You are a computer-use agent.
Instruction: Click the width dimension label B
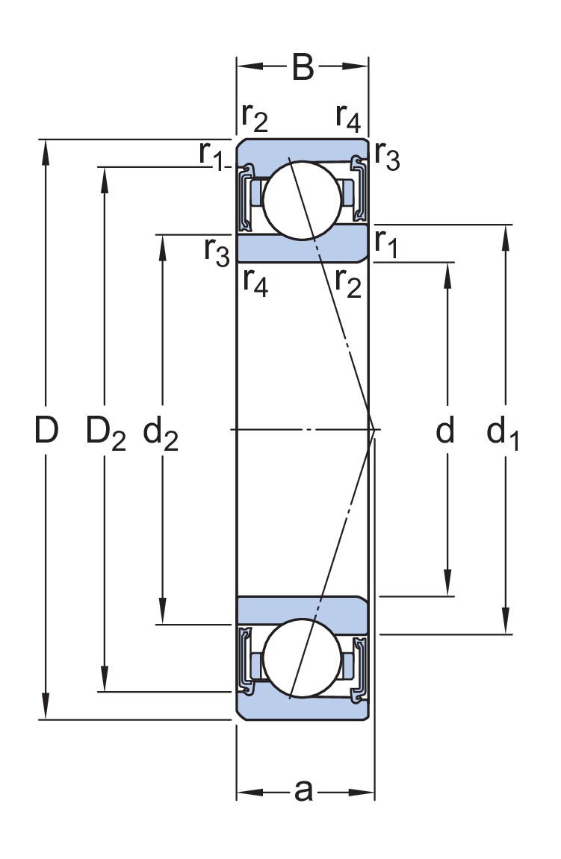303,67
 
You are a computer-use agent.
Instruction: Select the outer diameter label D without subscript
46,431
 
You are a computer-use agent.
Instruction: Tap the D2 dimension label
105,433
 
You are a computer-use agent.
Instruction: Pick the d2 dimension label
161,433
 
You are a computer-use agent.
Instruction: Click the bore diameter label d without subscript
445,431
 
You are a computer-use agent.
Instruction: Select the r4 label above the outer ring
348,116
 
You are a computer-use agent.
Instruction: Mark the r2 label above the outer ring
255,116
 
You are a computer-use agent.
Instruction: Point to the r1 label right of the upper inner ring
386,243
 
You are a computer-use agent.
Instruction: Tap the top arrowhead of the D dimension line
46,149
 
